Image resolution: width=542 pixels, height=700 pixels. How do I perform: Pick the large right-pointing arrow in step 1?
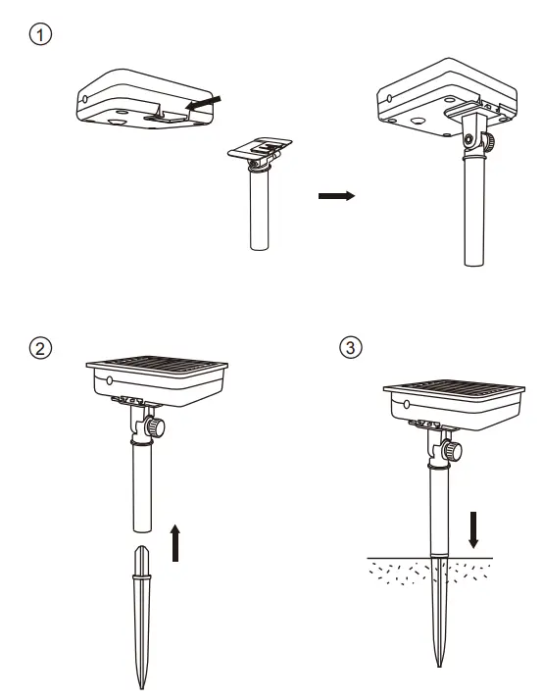[x=335, y=196]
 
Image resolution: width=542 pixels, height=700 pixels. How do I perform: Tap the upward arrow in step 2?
[x=175, y=543]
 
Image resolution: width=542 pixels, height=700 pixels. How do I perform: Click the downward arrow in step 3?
[x=473, y=529]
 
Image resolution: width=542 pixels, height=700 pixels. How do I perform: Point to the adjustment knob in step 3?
[x=452, y=451]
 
